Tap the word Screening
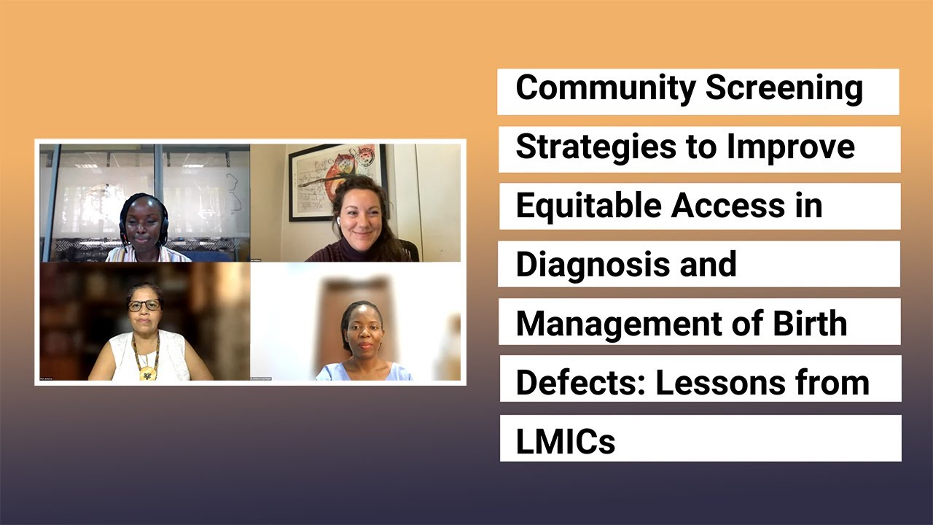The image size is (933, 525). click(784, 89)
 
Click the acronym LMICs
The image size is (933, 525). click(566, 441)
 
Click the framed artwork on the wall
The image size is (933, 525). click(337, 179)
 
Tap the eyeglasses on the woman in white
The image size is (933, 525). click(144, 305)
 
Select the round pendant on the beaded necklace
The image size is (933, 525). click(149, 373)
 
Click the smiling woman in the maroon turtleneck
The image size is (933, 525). click(359, 222)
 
